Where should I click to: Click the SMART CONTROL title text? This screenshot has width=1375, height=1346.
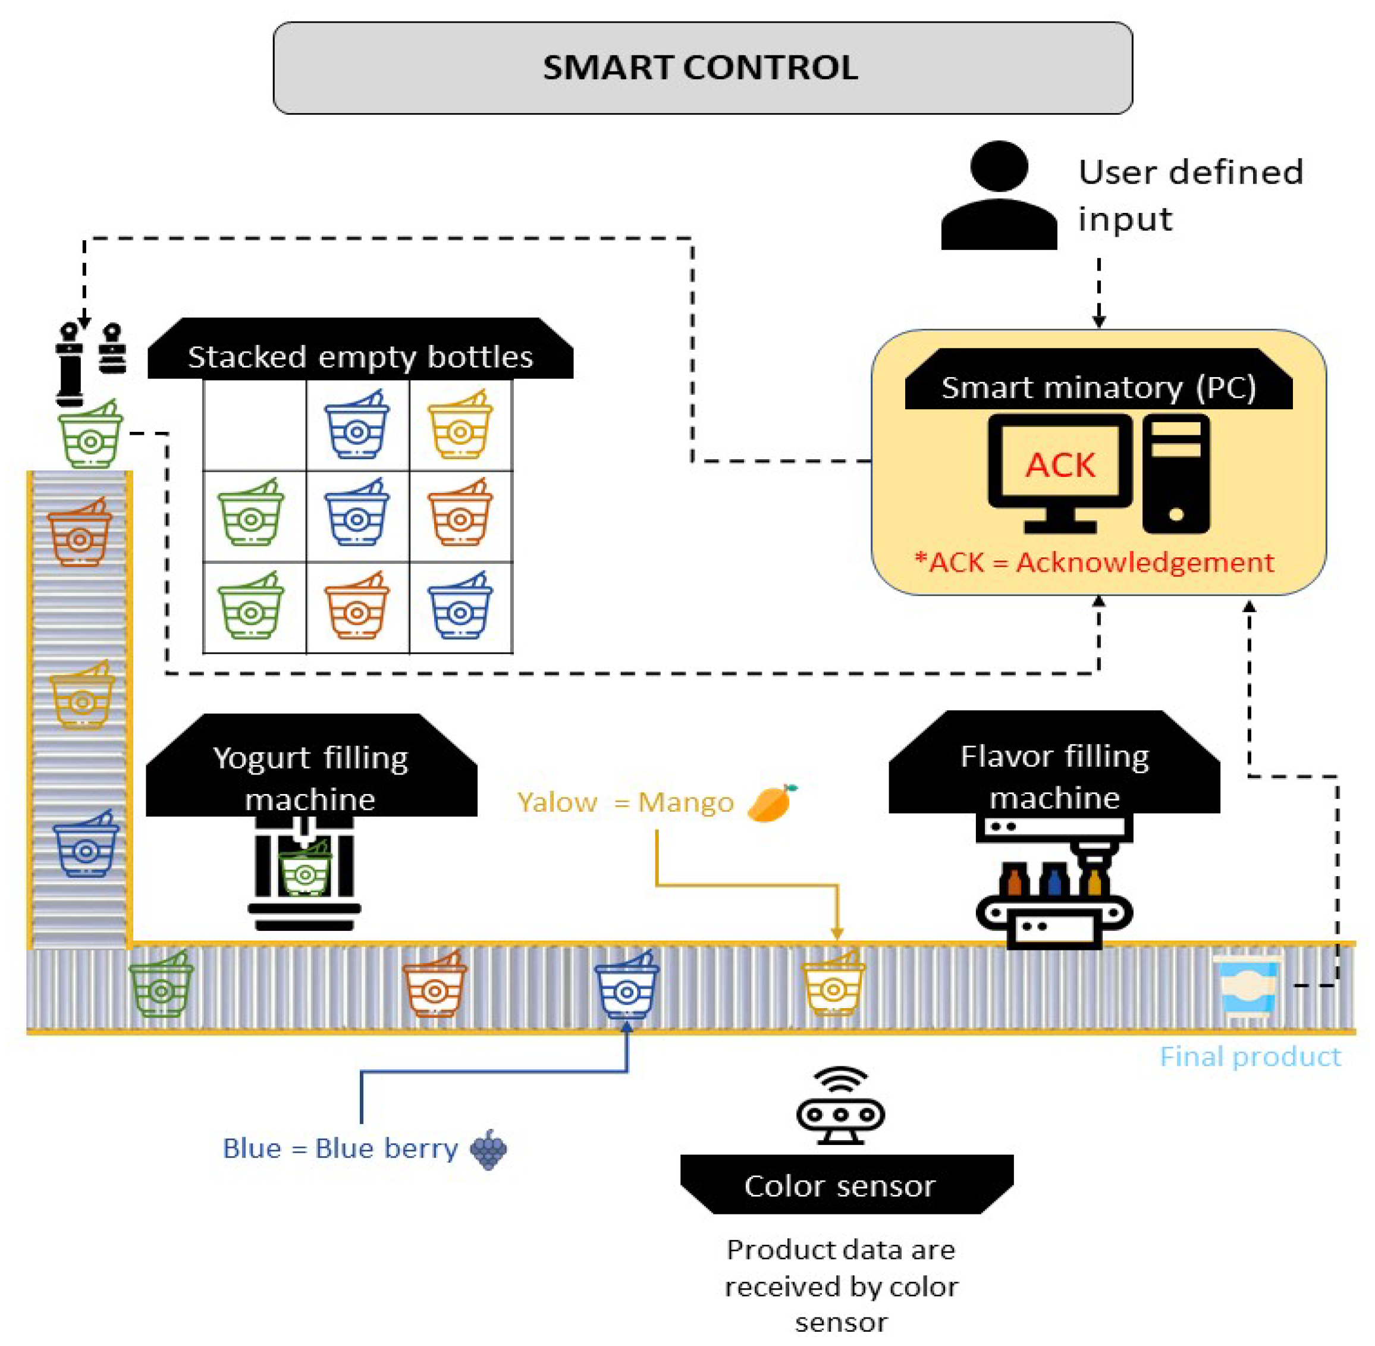tap(700, 68)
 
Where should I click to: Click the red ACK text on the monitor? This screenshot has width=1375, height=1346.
tap(1060, 465)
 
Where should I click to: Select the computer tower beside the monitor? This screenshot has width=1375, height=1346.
tap(1176, 473)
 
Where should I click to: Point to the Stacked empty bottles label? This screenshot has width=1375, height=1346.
tap(360, 356)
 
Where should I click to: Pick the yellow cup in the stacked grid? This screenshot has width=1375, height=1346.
tap(460, 424)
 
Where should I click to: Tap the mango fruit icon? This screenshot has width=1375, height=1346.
tap(771, 802)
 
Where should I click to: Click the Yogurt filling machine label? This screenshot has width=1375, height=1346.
tap(311, 777)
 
